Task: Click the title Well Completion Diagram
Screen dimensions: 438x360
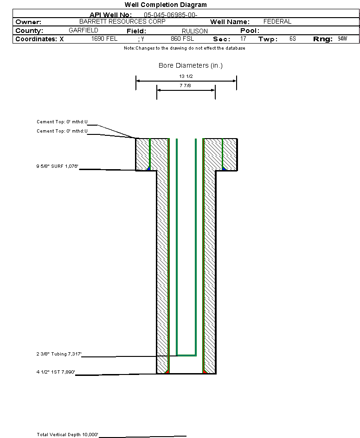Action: [166, 5]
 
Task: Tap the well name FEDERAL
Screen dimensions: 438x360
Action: [277, 22]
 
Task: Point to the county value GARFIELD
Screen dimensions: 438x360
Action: [83, 30]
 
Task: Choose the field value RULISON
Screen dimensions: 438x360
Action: [195, 31]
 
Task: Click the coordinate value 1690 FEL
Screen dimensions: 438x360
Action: [105, 39]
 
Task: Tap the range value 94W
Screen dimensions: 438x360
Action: [342, 38]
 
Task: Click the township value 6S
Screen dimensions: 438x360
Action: [292, 39]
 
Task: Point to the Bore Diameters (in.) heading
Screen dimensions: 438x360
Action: [191, 66]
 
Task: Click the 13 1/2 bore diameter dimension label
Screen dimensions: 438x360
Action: [186, 76]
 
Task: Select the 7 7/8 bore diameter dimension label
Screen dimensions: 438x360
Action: [186, 86]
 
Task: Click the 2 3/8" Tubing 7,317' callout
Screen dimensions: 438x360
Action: [59, 354]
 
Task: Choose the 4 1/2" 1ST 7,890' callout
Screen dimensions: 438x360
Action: [56, 372]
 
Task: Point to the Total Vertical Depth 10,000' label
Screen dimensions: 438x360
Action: [68, 435]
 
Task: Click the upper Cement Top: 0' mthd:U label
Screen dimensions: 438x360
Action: [62, 122]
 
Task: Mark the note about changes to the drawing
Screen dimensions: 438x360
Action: [185, 48]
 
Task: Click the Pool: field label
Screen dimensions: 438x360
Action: [250, 31]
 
